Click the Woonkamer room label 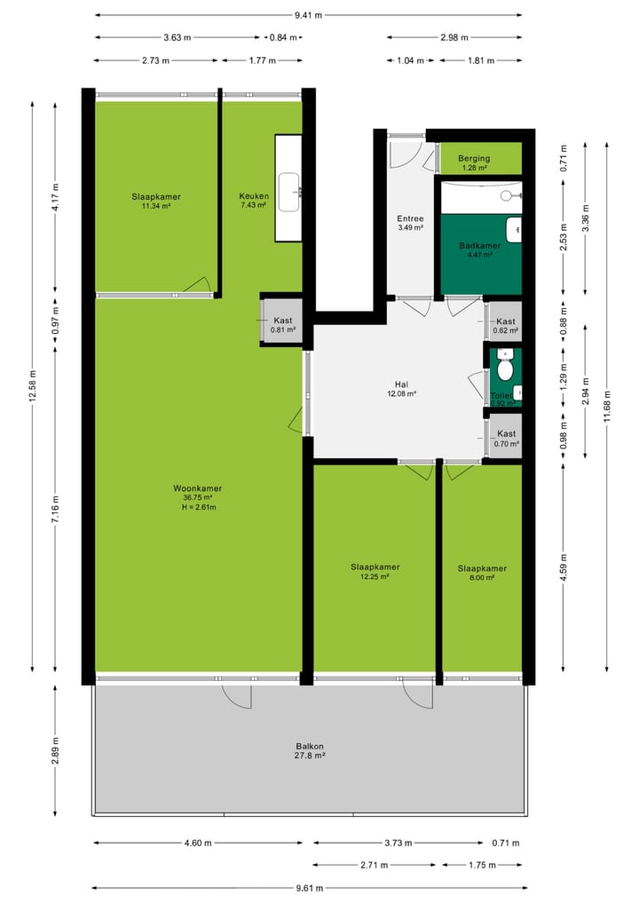tap(197, 488)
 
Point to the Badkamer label tap(479, 246)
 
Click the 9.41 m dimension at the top tap(309, 15)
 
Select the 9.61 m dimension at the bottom tap(309, 888)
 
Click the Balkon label tap(310, 747)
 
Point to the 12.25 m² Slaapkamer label tap(375, 566)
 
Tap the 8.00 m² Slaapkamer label tap(482, 568)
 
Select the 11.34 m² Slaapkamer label tap(156, 197)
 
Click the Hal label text tap(401, 385)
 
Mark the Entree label tap(410, 218)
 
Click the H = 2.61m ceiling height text tap(197, 508)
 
